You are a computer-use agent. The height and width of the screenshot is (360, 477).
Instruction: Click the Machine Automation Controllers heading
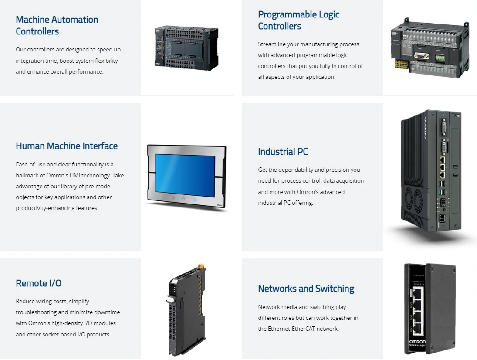coord(57,25)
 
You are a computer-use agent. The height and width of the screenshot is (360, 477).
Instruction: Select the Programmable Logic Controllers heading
coord(298,20)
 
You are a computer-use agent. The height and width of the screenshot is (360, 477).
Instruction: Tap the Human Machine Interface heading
coord(67,146)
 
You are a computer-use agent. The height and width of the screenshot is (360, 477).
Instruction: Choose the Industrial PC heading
coord(283,152)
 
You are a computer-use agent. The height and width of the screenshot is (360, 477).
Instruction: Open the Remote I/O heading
coord(38,283)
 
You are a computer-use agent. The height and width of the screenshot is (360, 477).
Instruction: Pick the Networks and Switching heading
coord(306,289)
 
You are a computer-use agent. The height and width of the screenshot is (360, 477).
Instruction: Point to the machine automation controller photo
coord(186,48)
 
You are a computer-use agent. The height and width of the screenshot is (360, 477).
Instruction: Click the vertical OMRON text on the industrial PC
coord(426,128)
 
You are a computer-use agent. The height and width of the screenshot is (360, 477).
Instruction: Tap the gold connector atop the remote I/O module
coord(201,266)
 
